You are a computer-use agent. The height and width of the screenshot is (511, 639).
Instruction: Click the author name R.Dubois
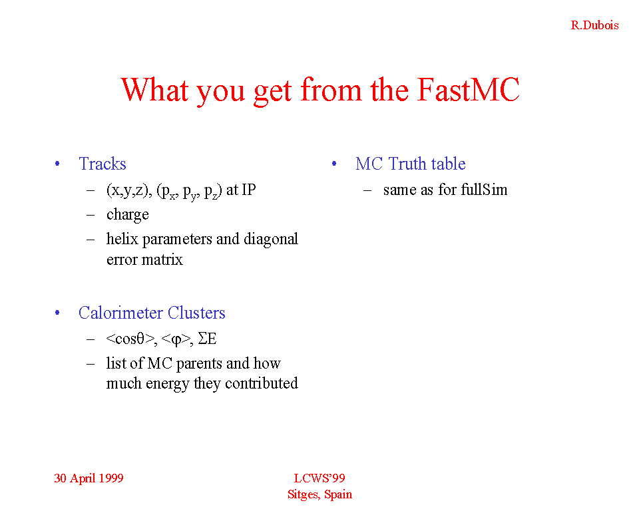tap(594, 25)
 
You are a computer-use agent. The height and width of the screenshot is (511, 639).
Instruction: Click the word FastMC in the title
tap(468, 90)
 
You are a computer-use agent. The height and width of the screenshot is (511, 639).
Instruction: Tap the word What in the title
tap(155, 90)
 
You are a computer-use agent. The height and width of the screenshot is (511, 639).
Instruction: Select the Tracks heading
tap(103, 164)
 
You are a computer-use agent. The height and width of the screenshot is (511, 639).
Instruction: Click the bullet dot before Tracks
tap(57, 164)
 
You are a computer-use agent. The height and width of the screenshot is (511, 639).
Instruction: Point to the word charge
tap(128, 215)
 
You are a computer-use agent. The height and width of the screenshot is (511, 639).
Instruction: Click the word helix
tap(122, 239)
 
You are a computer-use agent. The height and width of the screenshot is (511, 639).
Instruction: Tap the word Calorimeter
tap(120, 313)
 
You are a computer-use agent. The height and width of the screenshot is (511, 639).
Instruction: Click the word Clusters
tap(196, 313)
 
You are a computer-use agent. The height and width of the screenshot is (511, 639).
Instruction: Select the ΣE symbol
tap(207, 339)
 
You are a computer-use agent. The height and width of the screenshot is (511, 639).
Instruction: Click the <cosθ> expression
tap(131, 339)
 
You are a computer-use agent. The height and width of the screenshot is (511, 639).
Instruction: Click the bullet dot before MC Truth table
tap(334, 164)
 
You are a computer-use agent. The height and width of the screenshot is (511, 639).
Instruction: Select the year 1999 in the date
tap(110, 478)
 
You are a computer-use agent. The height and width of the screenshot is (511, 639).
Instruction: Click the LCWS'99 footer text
tap(319, 478)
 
